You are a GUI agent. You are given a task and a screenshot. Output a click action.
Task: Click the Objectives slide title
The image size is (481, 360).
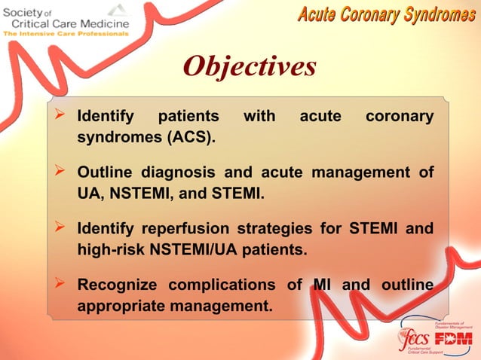tap(249, 66)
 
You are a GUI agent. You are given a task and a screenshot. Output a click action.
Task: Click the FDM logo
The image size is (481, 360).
tap(455, 337)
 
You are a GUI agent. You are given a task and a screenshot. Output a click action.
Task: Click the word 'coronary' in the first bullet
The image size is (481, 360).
tap(399, 117)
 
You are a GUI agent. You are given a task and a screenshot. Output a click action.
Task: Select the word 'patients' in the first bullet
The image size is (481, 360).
tap(188, 117)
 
